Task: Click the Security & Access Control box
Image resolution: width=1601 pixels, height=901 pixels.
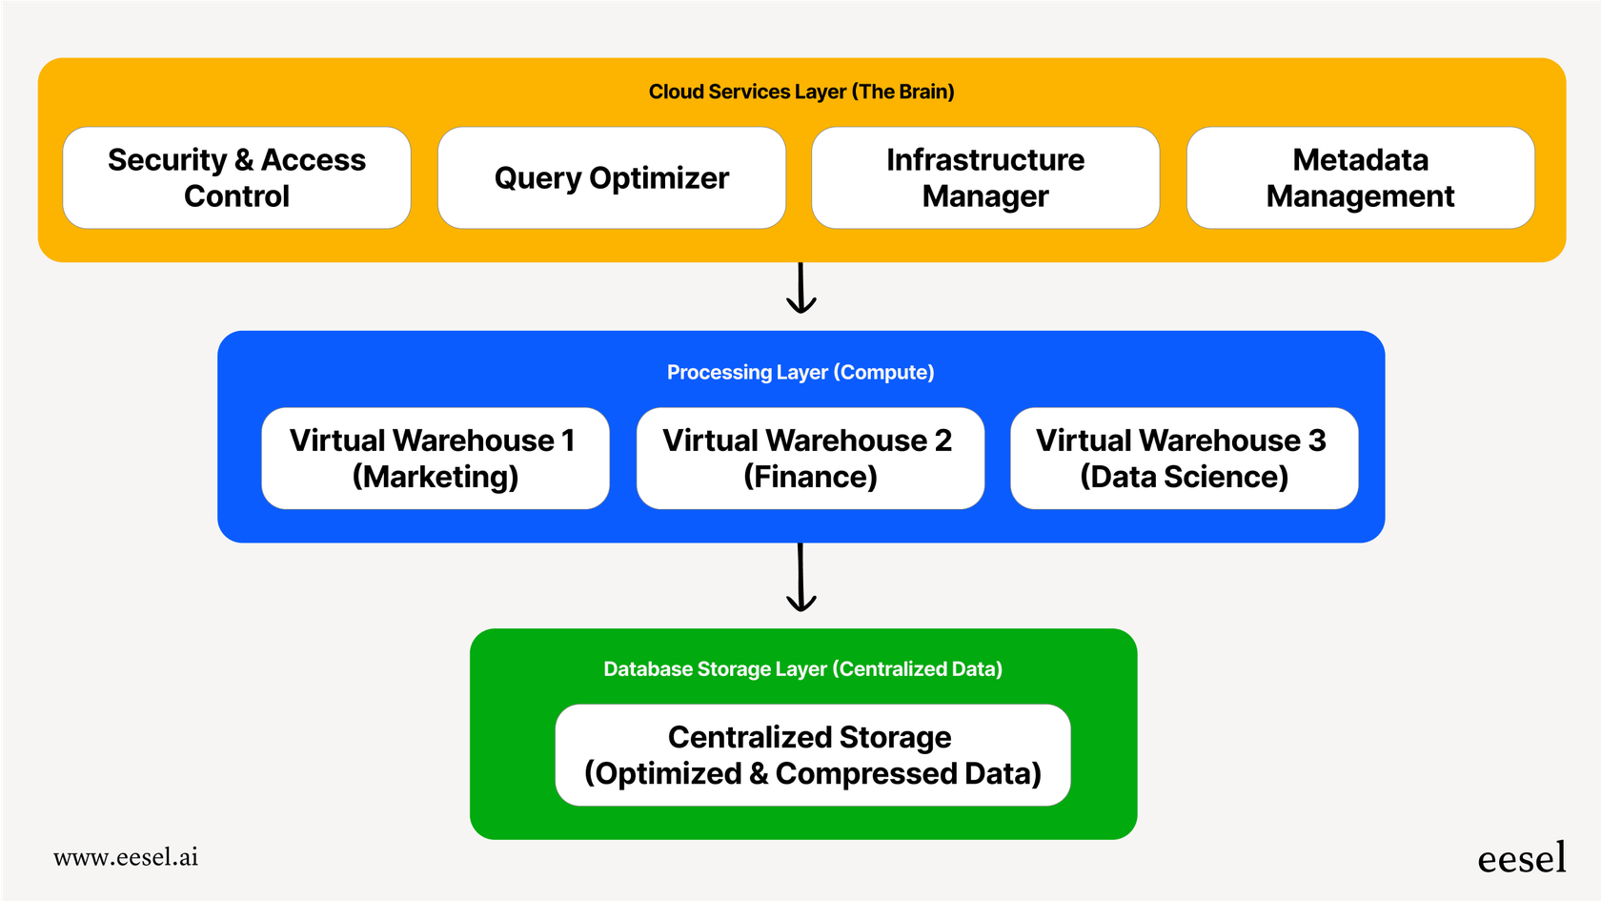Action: pos(236,177)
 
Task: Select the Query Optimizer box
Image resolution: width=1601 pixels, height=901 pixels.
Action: pos(611,177)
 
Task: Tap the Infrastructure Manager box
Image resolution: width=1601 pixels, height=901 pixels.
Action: pos(985,177)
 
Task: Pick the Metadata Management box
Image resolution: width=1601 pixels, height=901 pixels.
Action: pos(1360,177)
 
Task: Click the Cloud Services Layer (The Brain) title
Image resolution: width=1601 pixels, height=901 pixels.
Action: pos(801,92)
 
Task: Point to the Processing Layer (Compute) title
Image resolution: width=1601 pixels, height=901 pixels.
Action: pos(800,372)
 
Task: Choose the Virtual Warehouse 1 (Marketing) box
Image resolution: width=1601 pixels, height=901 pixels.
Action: pos(435,458)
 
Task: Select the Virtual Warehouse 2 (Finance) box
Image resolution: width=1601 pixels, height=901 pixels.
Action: pos(809,458)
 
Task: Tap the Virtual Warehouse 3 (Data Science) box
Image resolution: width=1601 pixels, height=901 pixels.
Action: pos(1184,458)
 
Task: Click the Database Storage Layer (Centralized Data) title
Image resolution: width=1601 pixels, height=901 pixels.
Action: pos(802,668)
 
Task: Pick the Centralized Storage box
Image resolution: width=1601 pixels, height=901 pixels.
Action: pos(812,754)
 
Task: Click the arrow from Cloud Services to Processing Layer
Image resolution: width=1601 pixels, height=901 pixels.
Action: pos(801,288)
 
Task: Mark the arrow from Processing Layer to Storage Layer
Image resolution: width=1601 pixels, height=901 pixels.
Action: pos(801,578)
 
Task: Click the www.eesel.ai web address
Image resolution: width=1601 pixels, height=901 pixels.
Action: pos(126,857)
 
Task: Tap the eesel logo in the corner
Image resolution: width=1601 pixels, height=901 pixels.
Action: pos(1521,858)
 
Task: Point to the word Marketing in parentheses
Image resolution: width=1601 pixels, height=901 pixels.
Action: pos(436,477)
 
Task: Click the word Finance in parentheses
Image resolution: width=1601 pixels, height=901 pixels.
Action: pos(810,477)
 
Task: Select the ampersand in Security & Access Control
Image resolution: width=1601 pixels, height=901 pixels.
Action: pos(244,160)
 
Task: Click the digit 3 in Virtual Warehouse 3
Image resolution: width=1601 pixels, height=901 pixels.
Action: pos(1317,440)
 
